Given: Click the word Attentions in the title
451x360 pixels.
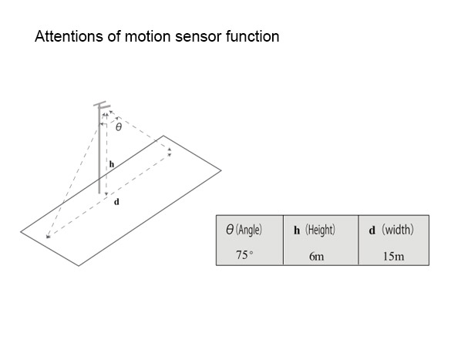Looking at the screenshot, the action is (69, 36).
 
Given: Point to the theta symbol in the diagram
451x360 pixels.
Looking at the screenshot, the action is (119, 126).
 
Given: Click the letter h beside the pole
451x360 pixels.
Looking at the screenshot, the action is (112, 164).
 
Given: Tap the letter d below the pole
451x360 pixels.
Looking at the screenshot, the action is (116, 202).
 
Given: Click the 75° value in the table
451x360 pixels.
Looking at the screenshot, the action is (244, 254).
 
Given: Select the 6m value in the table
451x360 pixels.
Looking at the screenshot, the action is (316, 256).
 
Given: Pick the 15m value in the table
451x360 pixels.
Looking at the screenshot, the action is (393, 256).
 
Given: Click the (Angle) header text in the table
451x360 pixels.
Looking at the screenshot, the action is (249, 230).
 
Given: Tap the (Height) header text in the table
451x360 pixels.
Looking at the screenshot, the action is (320, 230).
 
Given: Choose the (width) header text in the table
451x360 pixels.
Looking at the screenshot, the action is (398, 230).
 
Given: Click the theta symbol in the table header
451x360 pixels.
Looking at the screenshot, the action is (230, 230).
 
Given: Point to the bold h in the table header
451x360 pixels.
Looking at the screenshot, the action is (297, 230).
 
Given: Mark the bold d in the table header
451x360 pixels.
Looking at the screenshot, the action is (372, 230).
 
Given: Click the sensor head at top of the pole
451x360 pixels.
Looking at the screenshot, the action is (102, 106).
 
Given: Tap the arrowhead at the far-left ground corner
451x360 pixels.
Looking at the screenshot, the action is (49, 237).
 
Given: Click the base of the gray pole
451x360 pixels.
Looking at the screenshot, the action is (99, 192).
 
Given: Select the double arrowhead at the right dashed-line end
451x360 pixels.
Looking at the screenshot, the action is (170, 152).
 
